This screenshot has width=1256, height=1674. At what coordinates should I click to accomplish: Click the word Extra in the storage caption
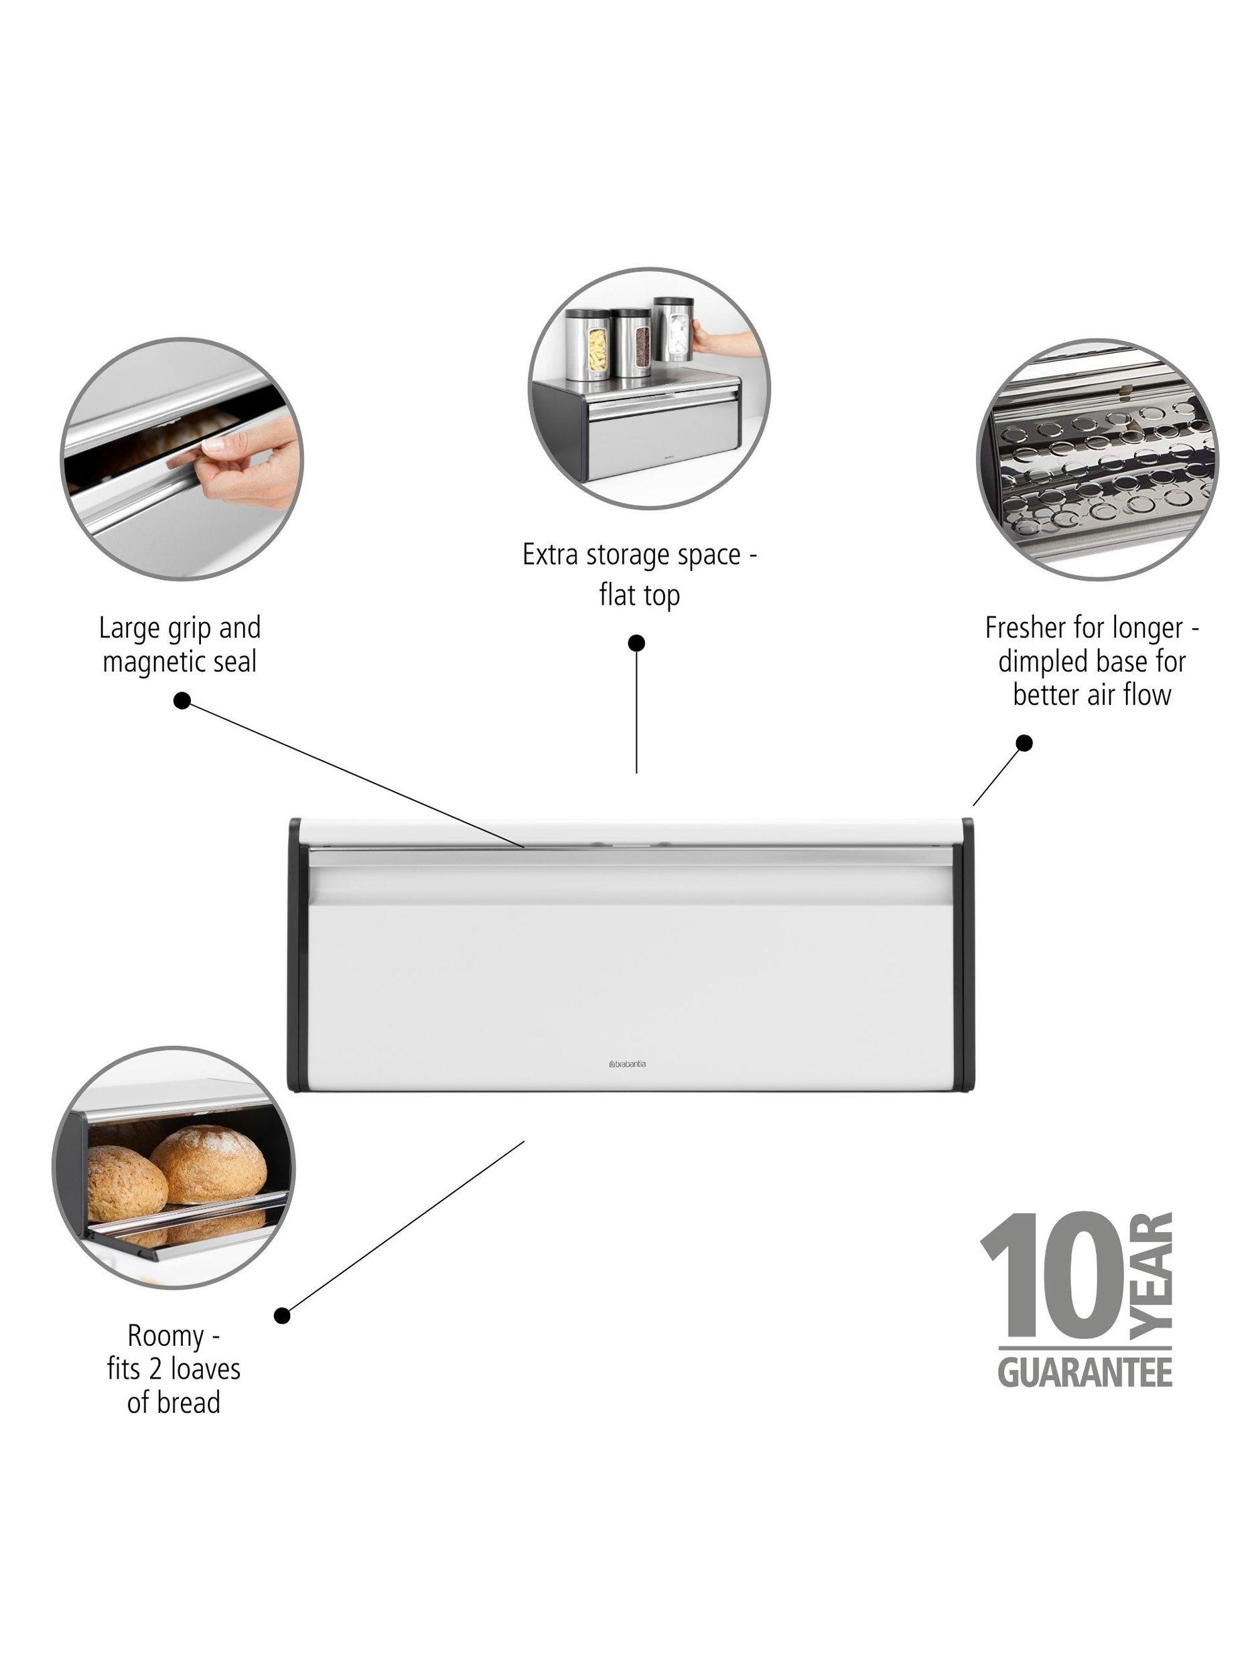pos(547,554)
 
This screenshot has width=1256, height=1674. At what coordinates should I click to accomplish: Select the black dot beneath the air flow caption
pos(1024,743)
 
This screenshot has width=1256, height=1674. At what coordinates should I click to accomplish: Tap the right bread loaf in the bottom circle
pos(210,1164)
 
